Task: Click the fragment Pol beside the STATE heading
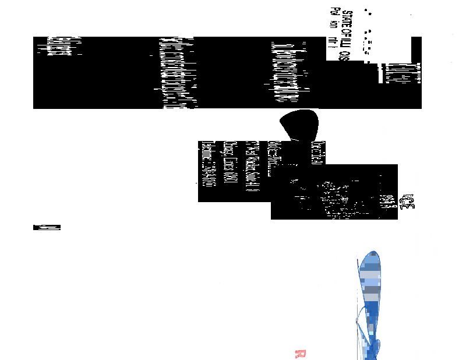pyautogui.click(x=334, y=12)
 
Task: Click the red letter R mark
pyautogui.click(x=301, y=353)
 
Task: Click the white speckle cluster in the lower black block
pyautogui.click(x=332, y=195)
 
